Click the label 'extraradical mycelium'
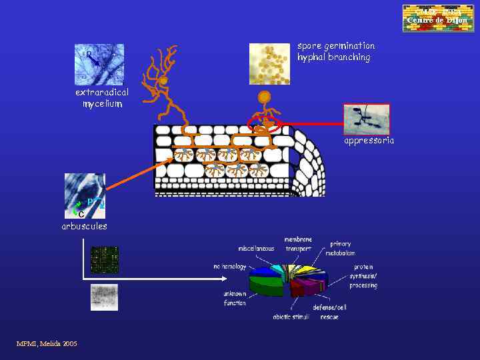point(102,98)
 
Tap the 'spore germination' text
point(336,46)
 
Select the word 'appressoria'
point(369,141)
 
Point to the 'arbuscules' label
point(84,226)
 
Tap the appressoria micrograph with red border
point(366,119)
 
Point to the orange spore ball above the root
point(265,97)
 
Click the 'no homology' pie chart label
point(230,267)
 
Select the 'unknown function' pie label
point(235,298)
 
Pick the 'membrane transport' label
point(298,243)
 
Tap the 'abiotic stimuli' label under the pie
point(291,317)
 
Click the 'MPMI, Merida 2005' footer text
point(47,343)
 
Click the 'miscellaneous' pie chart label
point(256,249)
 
